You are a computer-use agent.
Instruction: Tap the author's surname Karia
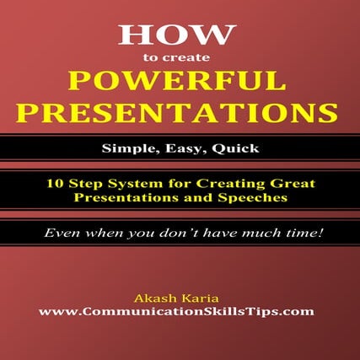(x=202, y=297)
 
